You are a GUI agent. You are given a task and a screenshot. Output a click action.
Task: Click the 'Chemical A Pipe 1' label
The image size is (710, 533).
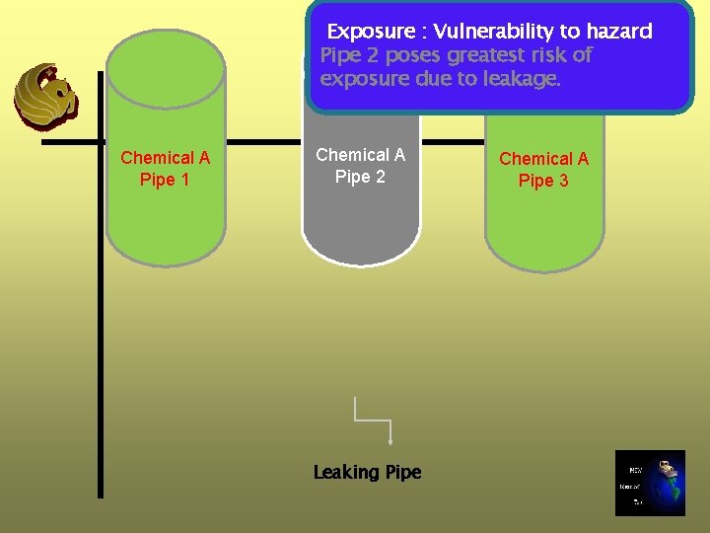click(165, 169)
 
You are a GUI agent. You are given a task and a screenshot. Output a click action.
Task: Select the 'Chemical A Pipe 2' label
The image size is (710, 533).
click(360, 166)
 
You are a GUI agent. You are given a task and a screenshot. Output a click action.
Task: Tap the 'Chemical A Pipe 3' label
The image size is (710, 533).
click(543, 170)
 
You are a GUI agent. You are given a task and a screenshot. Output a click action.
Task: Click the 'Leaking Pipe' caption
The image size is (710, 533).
click(367, 473)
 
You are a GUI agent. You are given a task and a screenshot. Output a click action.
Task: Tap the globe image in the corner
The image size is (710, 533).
click(649, 484)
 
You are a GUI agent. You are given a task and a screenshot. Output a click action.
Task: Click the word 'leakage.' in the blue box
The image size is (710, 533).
click(519, 79)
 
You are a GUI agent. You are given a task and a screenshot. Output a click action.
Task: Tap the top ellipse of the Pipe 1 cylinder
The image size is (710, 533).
click(165, 64)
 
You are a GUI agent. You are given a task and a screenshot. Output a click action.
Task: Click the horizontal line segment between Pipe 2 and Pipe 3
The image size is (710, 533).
click(452, 142)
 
